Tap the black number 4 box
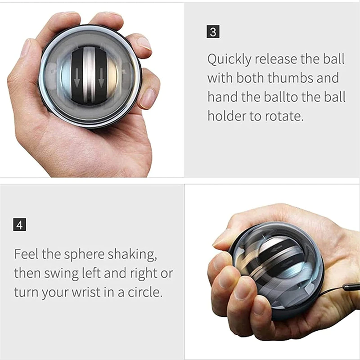point(20,224)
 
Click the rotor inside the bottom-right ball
point(274,261)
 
